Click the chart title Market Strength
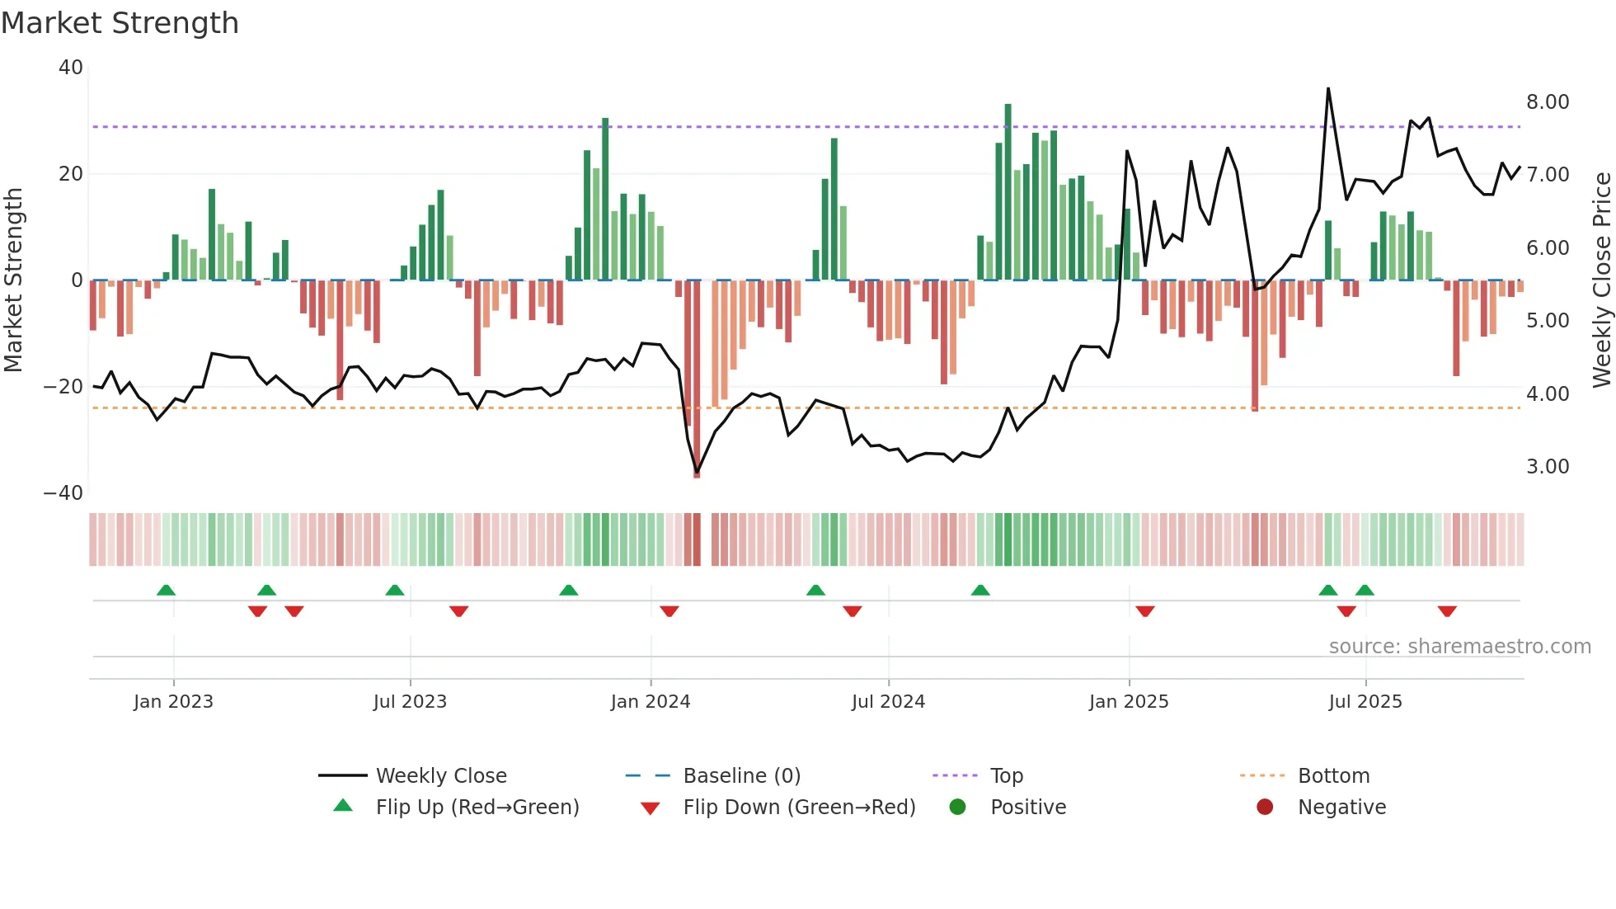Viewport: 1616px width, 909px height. point(120,23)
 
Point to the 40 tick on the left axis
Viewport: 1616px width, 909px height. point(71,68)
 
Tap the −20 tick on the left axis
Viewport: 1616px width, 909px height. point(64,387)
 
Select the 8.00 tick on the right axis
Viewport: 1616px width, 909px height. point(1548,102)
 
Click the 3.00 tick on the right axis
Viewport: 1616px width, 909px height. point(1548,467)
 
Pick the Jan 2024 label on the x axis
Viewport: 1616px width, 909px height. point(651,702)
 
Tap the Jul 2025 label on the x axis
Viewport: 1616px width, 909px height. point(1365,702)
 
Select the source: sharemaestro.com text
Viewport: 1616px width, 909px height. point(1459,647)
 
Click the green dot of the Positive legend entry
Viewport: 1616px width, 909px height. point(957,808)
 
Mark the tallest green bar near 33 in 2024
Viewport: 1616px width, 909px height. point(1008,190)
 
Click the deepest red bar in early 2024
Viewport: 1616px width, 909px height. point(697,379)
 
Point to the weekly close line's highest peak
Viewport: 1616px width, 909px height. point(1328,89)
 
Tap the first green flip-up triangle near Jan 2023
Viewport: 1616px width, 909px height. point(166,591)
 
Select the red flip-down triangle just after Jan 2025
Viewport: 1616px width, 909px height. point(1145,611)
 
